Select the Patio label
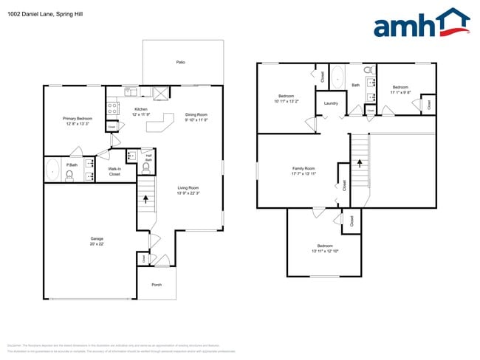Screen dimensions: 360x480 coord(181,62)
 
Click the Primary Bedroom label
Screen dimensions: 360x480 coord(78,120)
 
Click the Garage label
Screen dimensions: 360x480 coord(97,241)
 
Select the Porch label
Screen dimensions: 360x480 coord(157,285)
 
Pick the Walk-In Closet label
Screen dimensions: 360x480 coord(114,172)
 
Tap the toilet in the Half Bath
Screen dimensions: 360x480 coord(145,167)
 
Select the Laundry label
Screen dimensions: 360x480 coord(331,103)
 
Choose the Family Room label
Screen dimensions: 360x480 coord(304,171)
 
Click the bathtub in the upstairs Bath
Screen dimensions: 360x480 coord(336,76)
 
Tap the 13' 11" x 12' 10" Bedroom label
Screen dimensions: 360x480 coord(326,249)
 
